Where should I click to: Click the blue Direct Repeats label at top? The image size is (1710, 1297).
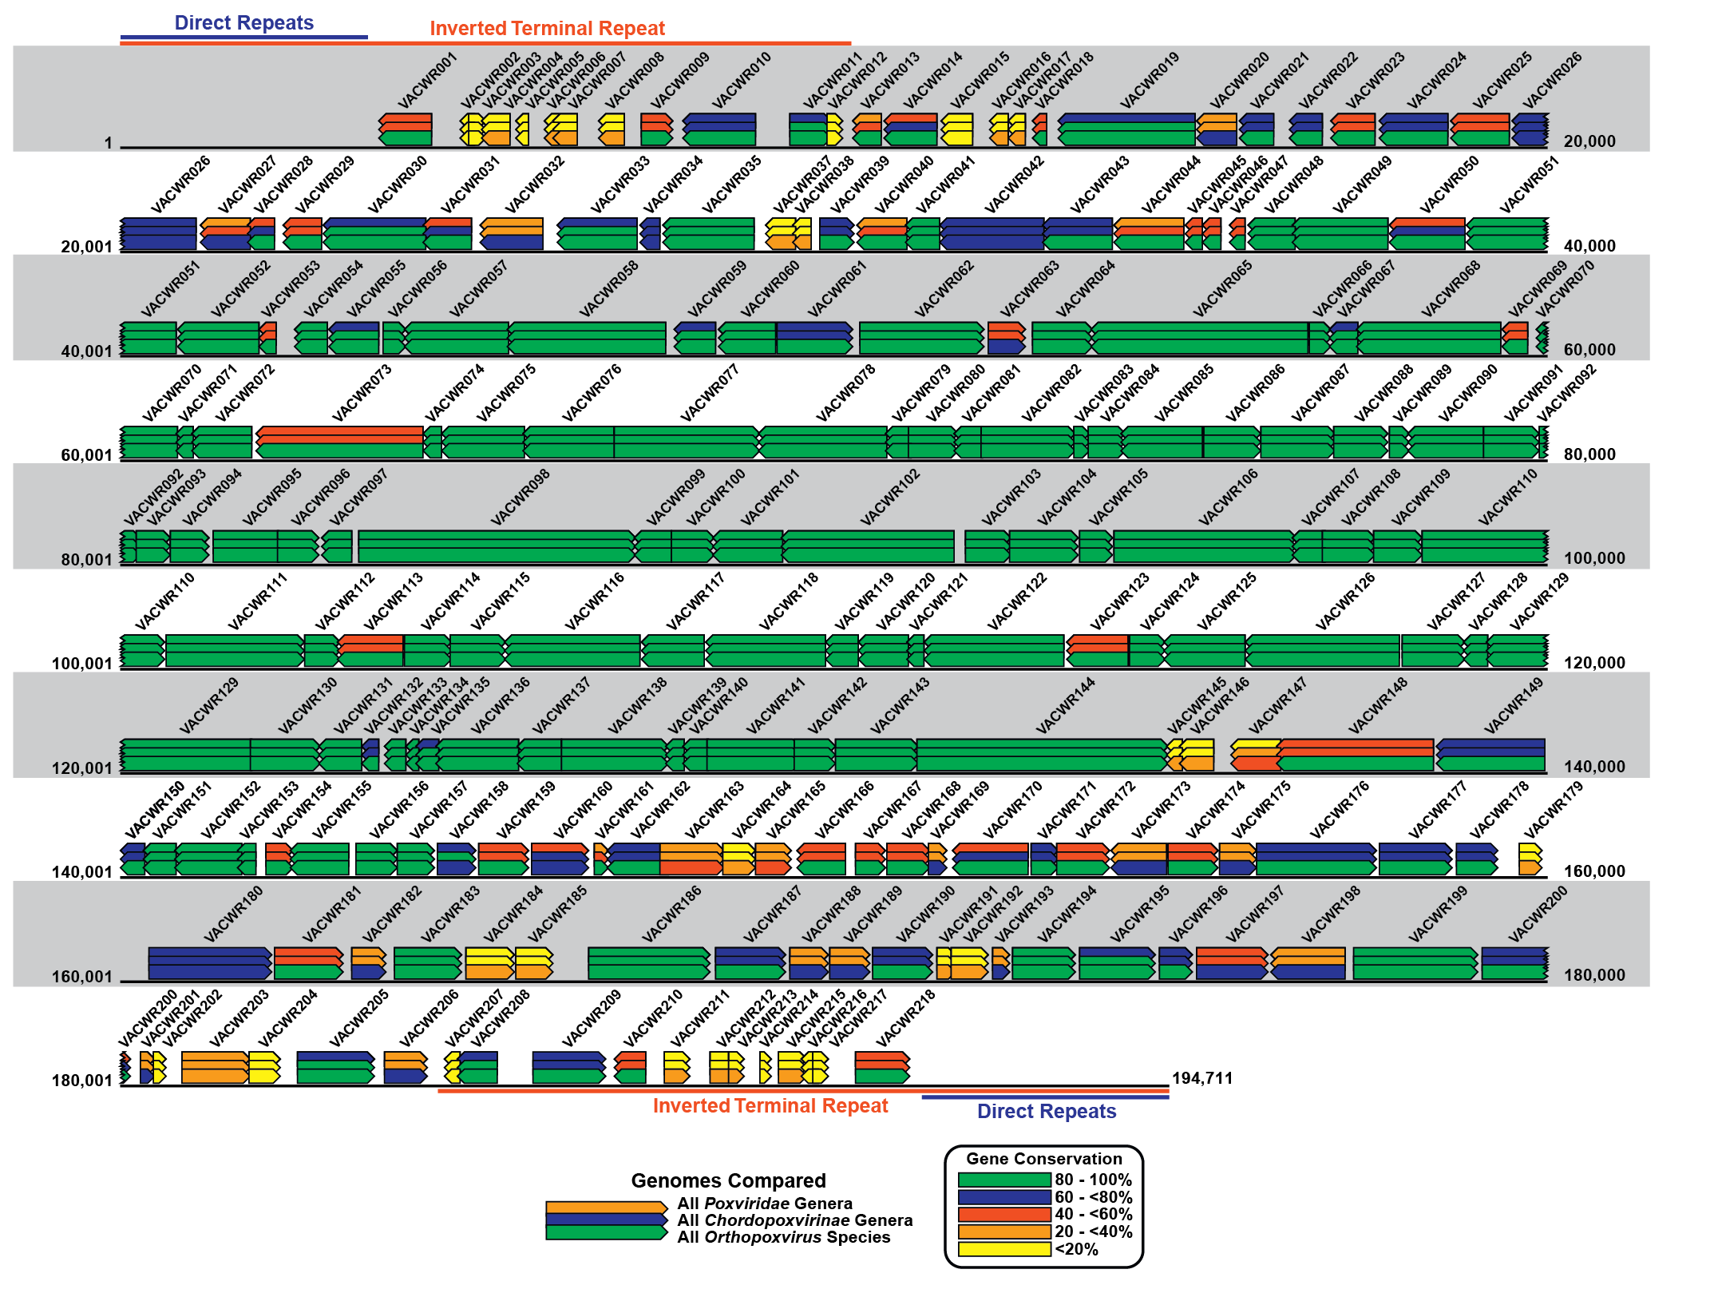tap(243, 22)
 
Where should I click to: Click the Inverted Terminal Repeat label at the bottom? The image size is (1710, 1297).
tap(770, 1105)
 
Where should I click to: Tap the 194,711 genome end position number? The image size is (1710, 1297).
tap(1201, 1078)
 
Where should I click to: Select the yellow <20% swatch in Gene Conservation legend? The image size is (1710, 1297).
tap(1003, 1249)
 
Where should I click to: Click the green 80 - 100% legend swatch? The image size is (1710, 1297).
tap(1003, 1180)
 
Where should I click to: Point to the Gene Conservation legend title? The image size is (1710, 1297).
tap(1043, 1158)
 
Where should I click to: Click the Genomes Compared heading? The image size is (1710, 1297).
tap(727, 1180)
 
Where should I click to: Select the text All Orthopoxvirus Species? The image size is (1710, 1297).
tap(783, 1237)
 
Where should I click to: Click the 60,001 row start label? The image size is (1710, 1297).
tap(86, 455)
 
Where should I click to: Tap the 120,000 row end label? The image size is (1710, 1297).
tap(1593, 663)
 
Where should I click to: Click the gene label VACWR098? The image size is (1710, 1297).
tap(521, 498)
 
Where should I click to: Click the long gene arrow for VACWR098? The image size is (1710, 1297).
tap(495, 547)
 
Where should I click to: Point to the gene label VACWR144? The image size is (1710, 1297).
tap(1066, 706)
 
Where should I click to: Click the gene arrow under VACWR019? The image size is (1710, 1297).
tap(1126, 129)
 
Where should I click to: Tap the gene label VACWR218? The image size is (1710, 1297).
tap(905, 1018)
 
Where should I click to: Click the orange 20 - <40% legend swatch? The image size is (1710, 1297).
tap(1003, 1232)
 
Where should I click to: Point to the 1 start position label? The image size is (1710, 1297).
tap(108, 143)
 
